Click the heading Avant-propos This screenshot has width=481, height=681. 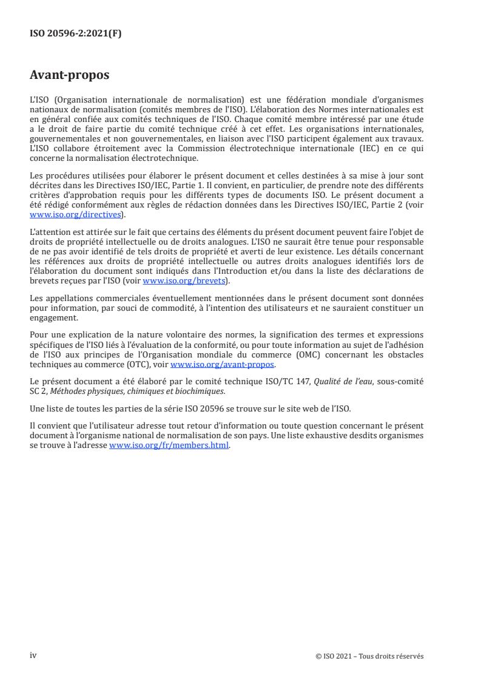[69, 75]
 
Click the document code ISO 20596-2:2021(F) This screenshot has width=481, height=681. [75, 35]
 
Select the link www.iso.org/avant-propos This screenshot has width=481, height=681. [223, 364]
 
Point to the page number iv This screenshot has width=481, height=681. [33, 655]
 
